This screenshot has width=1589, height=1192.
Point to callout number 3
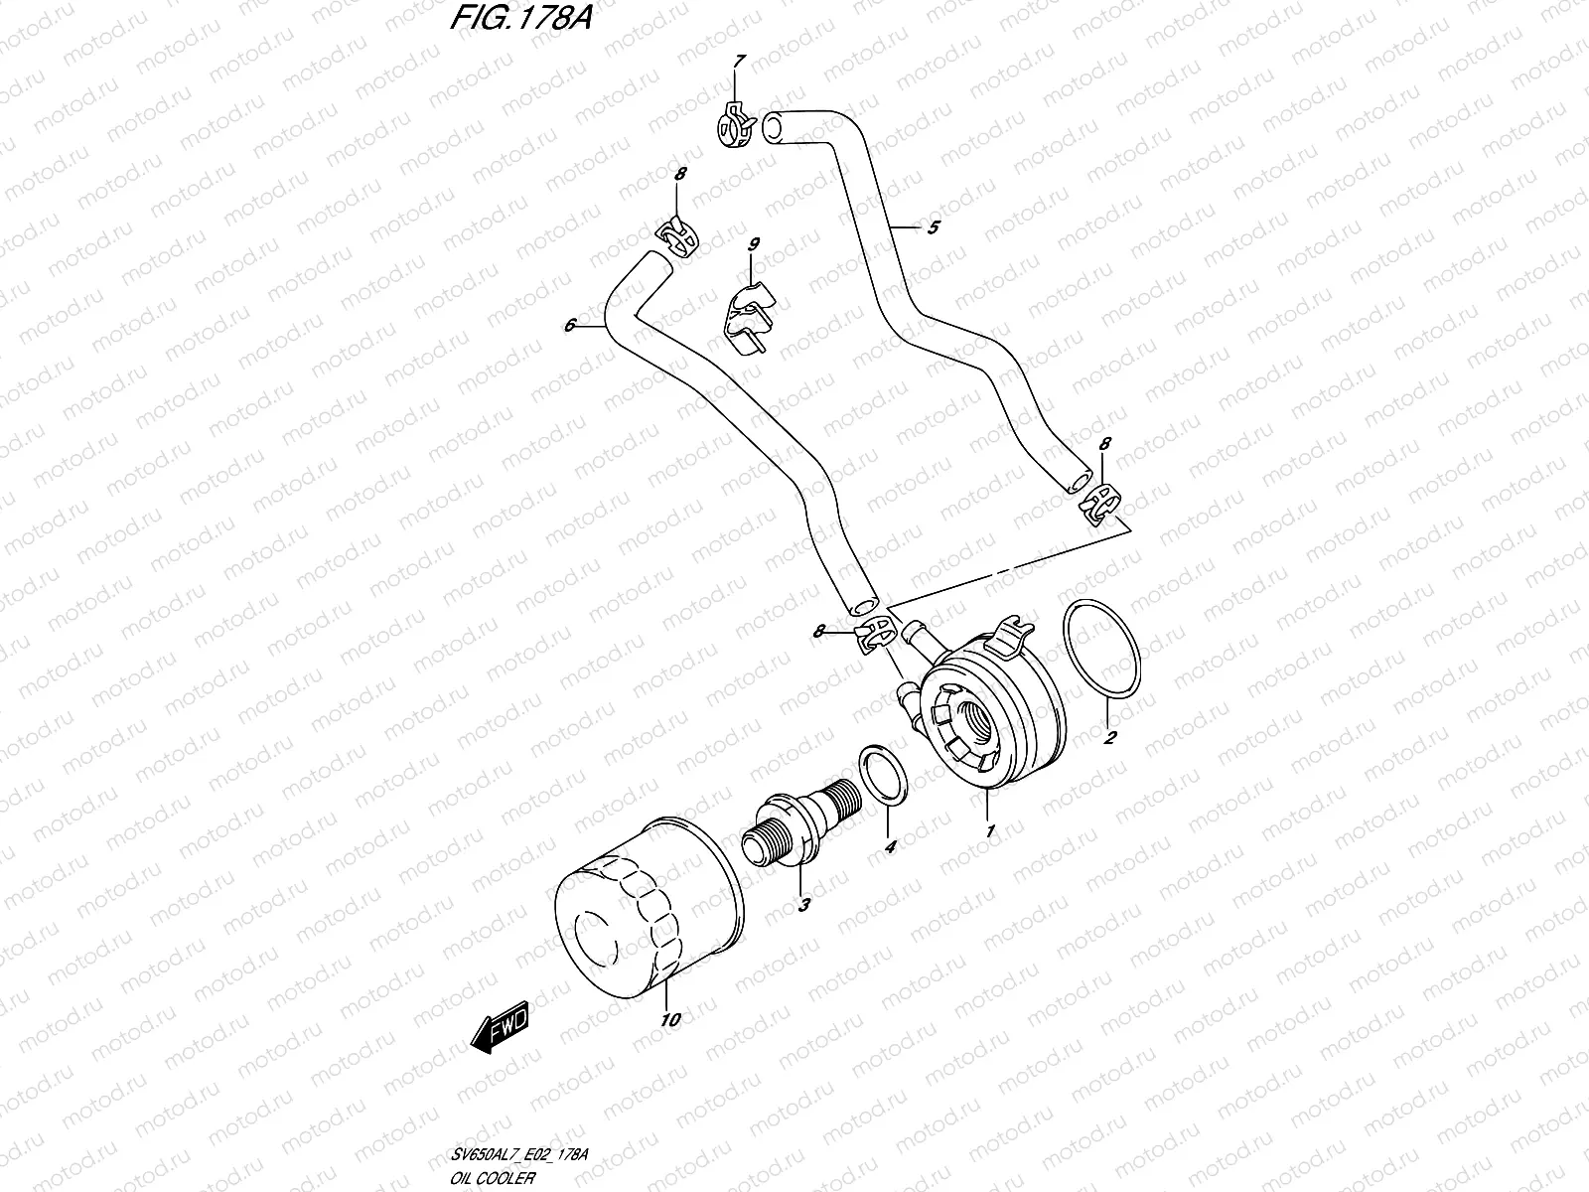(x=803, y=905)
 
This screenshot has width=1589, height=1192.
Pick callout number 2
(x=1110, y=737)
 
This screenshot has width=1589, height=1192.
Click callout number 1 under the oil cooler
(x=989, y=829)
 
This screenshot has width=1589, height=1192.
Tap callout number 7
(x=737, y=63)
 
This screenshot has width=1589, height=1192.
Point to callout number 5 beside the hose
(x=933, y=228)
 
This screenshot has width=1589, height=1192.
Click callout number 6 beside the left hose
(x=569, y=325)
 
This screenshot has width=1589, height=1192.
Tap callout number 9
(x=754, y=243)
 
